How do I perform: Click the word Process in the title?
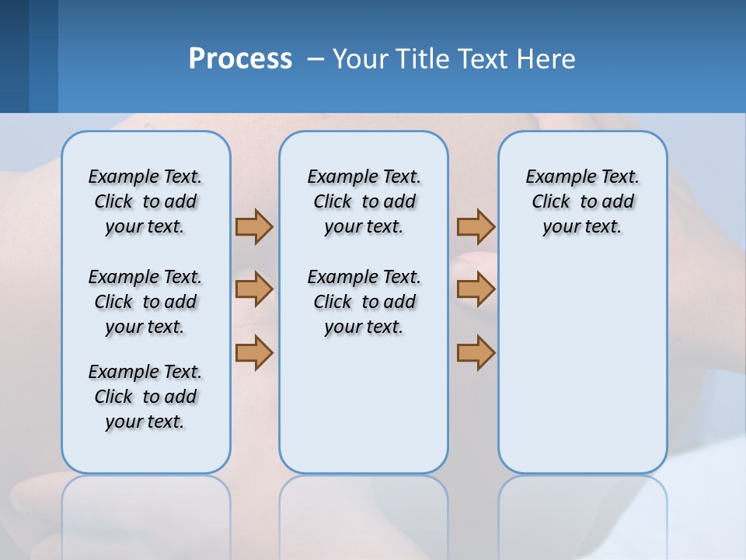point(240,58)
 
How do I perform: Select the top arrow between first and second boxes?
point(254,226)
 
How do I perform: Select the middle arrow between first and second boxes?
point(254,289)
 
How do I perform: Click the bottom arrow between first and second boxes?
point(254,352)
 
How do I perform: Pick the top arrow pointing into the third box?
point(476,226)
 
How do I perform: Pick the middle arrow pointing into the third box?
point(476,289)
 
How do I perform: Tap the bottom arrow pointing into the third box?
point(476,352)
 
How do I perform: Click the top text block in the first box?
point(145,201)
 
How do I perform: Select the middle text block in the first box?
point(145,302)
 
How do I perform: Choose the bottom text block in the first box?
point(145,397)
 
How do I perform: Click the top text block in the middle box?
point(364,201)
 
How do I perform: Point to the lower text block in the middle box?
point(364,302)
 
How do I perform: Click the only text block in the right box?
point(583,201)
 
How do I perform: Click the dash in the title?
point(315,59)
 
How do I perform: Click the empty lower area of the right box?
point(583,373)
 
